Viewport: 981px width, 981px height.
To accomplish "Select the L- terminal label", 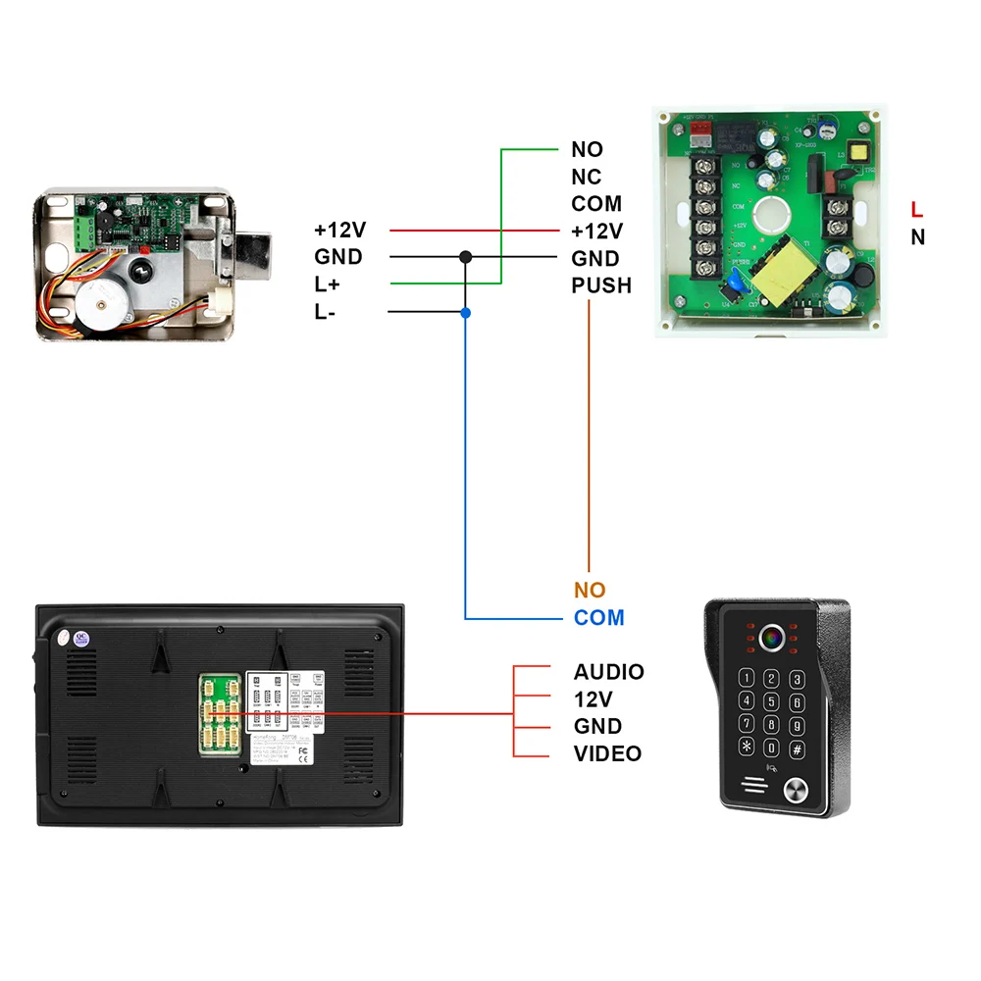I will click(x=324, y=312).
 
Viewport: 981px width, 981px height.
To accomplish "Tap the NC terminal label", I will click(x=587, y=177).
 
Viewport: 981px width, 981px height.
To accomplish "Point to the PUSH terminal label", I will click(x=601, y=285).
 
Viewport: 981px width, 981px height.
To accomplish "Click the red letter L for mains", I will click(x=916, y=209).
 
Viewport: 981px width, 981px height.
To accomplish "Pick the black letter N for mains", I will click(x=917, y=236).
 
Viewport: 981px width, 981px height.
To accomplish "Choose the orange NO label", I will click(x=590, y=591).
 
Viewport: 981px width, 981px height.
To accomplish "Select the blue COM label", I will click(x=599, y=618).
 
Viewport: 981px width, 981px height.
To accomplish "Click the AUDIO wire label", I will click(x=608, y=672).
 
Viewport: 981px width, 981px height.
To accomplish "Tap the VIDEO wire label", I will click(x=607, y=753).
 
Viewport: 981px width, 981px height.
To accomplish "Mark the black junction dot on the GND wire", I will click(x=466, y=257).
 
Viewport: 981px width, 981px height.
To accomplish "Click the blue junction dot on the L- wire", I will click(x=466, y=312).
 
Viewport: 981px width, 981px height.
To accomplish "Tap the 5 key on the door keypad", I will click(x=772, y=701).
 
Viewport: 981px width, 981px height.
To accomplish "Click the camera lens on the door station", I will click(x=769, y=638).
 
